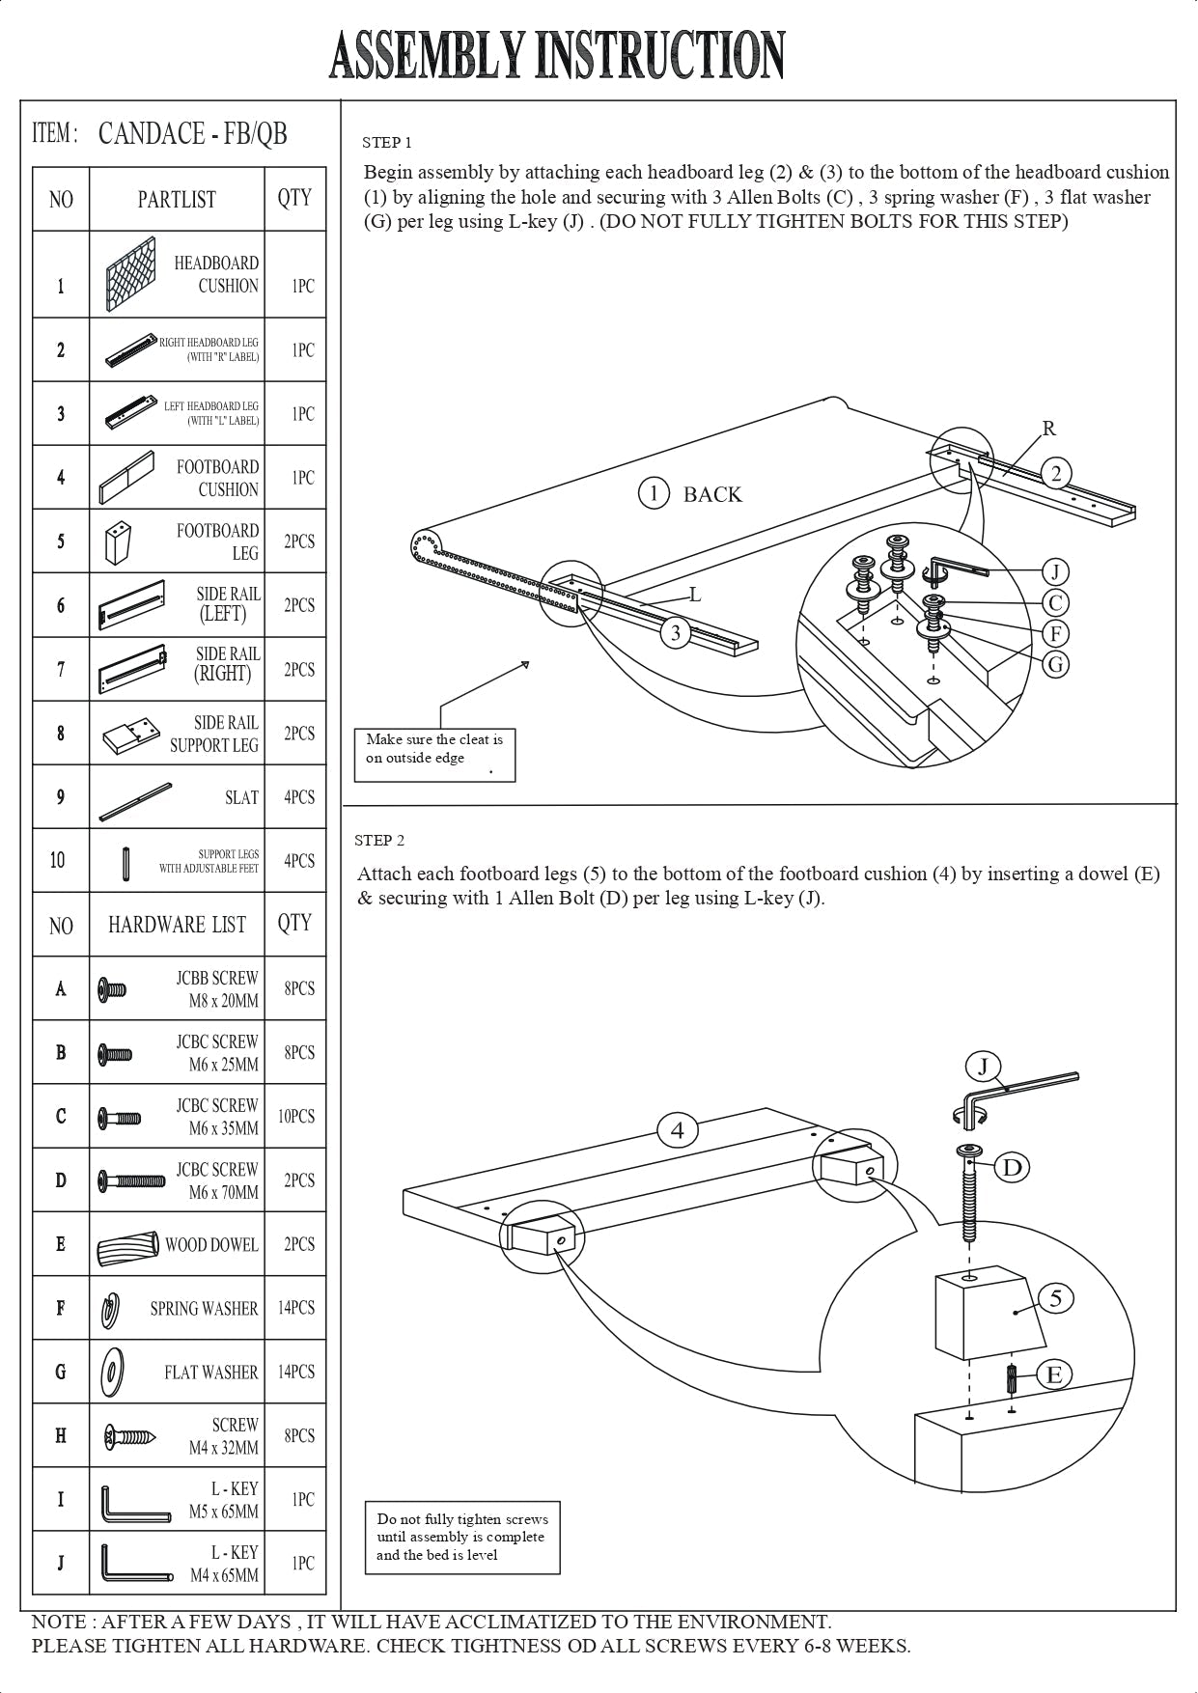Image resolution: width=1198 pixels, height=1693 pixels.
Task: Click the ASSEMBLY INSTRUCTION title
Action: click(557, 55)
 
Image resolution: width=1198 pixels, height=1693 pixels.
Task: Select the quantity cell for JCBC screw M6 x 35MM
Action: click(295, 1117)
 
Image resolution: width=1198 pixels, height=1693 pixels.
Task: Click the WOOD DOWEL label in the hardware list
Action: click(211, 1245)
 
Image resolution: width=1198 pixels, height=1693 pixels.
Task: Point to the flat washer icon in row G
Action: click(113, 1372)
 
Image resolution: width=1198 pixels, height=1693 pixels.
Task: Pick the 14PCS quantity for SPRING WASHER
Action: click(295, 1308)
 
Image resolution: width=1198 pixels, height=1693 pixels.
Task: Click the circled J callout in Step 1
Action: click(1055, 572)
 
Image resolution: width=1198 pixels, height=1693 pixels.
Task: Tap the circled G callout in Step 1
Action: click(1056, 664)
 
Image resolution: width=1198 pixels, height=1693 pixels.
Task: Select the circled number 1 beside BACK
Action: click(654, 494)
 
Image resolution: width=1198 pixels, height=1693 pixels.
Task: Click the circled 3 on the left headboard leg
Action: click(676, 633)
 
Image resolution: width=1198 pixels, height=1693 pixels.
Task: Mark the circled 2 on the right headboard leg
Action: click(1056, 473)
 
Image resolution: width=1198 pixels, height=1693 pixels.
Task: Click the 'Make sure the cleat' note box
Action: click(434, 753)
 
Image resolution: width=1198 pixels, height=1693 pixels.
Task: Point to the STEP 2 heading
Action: click(379, 840)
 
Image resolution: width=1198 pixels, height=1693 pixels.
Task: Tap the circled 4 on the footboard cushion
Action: click(678, 1129)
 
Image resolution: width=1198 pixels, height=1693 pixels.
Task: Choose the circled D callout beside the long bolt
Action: click(1012, 1168)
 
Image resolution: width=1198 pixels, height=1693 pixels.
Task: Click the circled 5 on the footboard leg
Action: click(1056, 1298)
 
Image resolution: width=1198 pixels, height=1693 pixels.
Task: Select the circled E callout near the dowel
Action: click(1054, 1374)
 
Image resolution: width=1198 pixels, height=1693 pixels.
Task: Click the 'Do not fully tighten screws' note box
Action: click(461, 1537)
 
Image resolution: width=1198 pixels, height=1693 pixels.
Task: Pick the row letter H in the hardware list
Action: click(61, 1436)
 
